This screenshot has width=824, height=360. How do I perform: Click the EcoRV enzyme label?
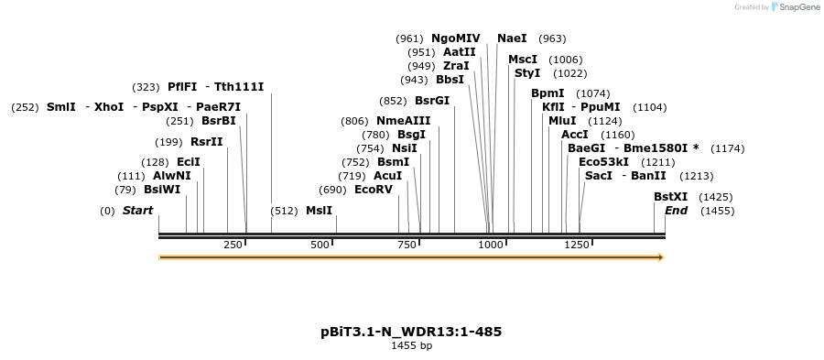point(374,190)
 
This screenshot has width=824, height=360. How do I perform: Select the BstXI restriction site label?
point(670,197)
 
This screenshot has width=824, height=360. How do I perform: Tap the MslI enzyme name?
point(320,211)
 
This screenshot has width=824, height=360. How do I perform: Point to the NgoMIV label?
point(455,38)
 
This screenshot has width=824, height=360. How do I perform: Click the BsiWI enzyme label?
point(162,190)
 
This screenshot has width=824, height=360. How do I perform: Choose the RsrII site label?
point(206,141)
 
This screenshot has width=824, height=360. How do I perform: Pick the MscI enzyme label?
point(523,60)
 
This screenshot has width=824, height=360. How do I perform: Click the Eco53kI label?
point(603,162)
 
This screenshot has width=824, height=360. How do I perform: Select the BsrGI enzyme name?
point(432,101)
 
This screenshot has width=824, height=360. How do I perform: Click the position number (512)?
point(285,211)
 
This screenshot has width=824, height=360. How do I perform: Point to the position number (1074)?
point(592,93)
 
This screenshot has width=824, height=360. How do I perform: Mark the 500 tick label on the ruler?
point(320,245)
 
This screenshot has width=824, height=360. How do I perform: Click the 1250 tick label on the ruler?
point(577,245)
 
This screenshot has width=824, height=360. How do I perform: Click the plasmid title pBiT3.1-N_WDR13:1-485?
point(411,331)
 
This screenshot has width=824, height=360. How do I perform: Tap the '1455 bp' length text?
point(411,346)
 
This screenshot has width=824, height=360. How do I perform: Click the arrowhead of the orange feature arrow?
point(659,257)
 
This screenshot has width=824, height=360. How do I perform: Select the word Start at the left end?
point(137,211)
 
